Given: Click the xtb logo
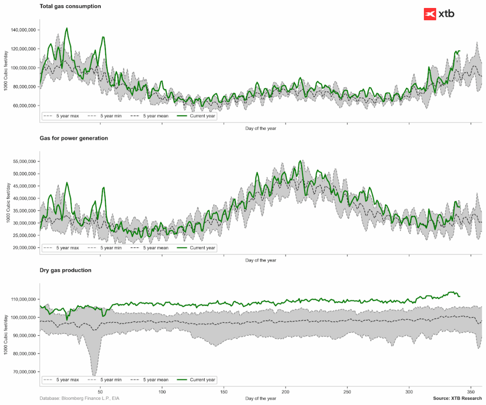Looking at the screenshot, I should (x=439, y=14).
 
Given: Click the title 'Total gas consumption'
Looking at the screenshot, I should (x=70, y=6).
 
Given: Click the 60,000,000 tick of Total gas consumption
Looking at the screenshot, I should (x=25, y=105).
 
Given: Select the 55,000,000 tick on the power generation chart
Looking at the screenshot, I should (x=25, y=161).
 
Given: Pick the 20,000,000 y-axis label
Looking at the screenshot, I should (x=25, y=248).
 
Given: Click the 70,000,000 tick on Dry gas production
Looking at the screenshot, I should (x=25, y=372).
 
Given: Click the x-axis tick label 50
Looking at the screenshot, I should (x=100, y=392).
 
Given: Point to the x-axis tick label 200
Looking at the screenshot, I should (x=285, y=392).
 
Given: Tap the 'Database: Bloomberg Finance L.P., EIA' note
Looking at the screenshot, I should (x=79, y=398).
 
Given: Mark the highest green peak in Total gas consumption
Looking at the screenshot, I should (x=67, y=28).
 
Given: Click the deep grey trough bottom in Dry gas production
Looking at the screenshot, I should (x=94, y=375).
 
